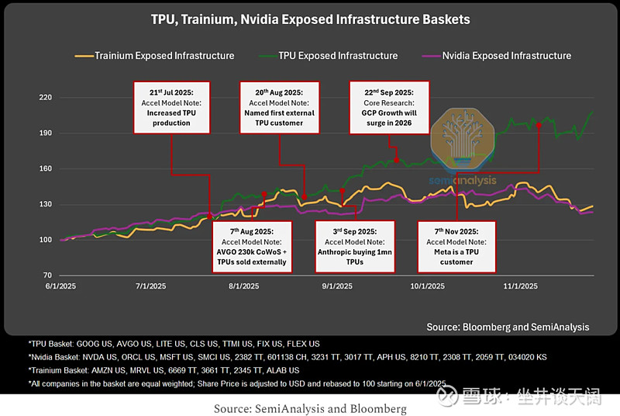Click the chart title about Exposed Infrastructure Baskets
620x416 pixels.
[310, 19]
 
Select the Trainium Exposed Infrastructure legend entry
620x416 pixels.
[164, 55]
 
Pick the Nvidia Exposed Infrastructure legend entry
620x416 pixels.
[506, 55]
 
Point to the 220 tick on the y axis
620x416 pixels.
[44, 98]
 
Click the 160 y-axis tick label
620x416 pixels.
[44, 168]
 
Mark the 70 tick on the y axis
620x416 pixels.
[46, 276]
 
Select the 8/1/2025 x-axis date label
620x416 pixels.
[243, 286]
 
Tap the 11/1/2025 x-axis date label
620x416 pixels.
[520, 286]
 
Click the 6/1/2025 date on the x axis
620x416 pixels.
[60, 286]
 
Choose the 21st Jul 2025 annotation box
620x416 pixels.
[172, 107]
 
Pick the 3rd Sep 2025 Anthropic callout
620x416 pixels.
[354, 246]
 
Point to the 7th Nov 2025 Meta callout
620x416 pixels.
[456, 246]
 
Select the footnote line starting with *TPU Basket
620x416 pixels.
[174, 343]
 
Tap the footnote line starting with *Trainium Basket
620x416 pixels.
[164, 369]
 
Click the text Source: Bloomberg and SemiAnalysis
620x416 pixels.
[508, 327]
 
